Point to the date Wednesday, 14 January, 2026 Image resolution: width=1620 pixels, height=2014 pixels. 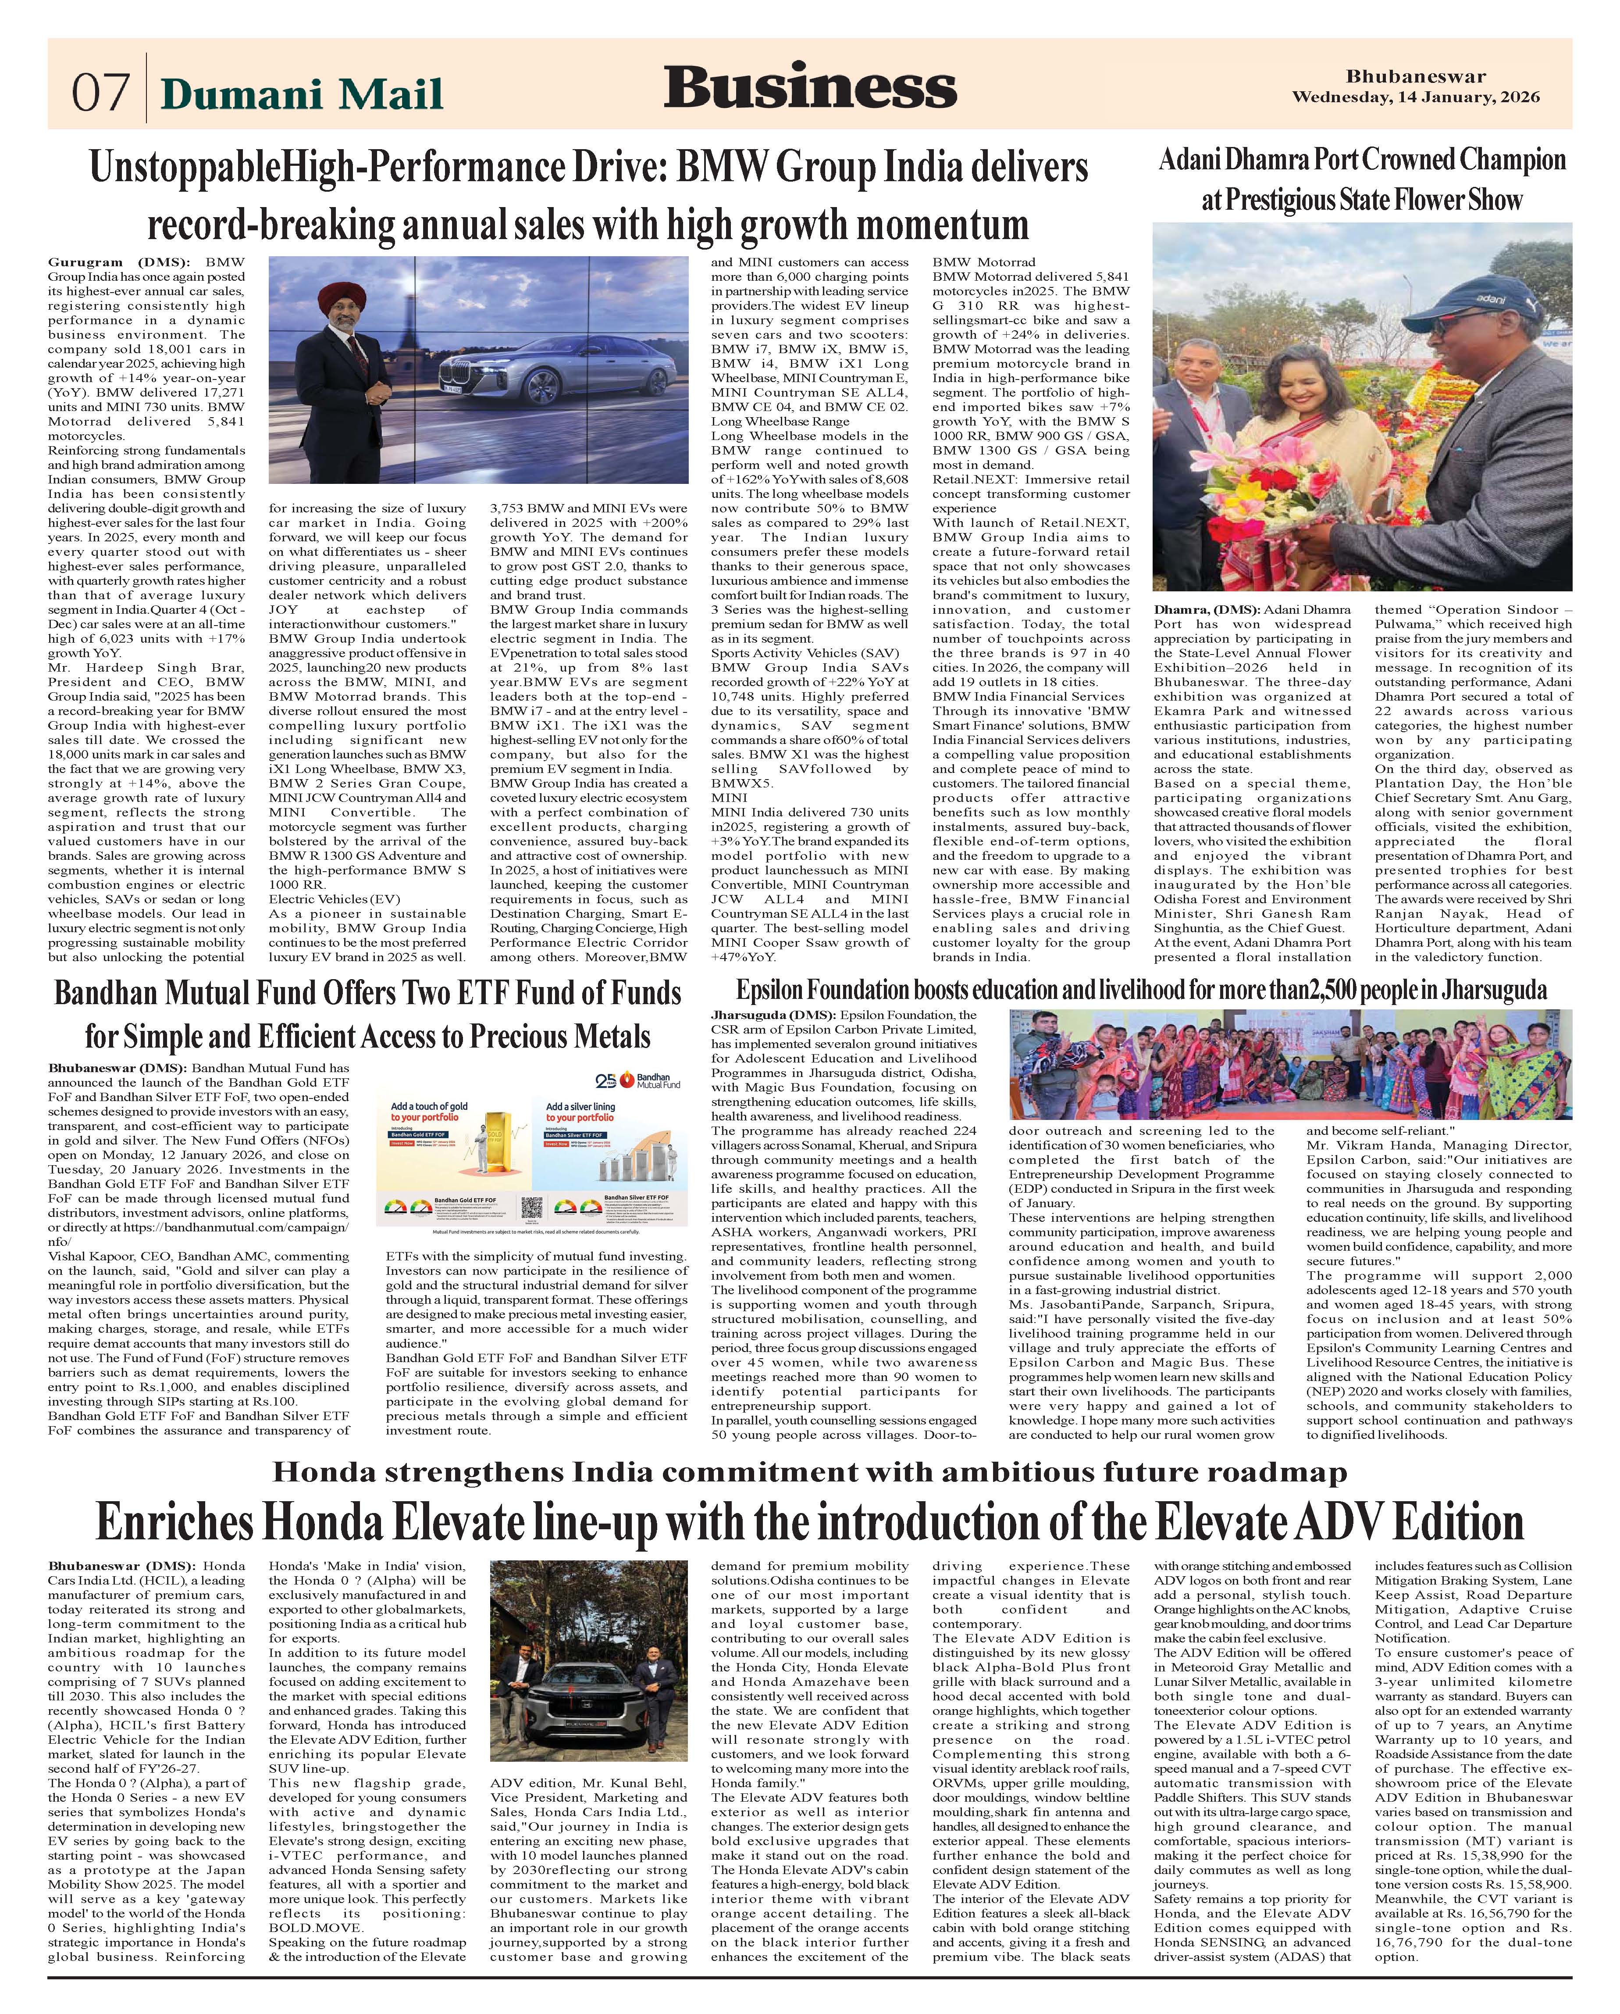[x=1416, y=97]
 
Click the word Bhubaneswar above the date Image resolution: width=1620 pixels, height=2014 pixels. [x=1416, y=77]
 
